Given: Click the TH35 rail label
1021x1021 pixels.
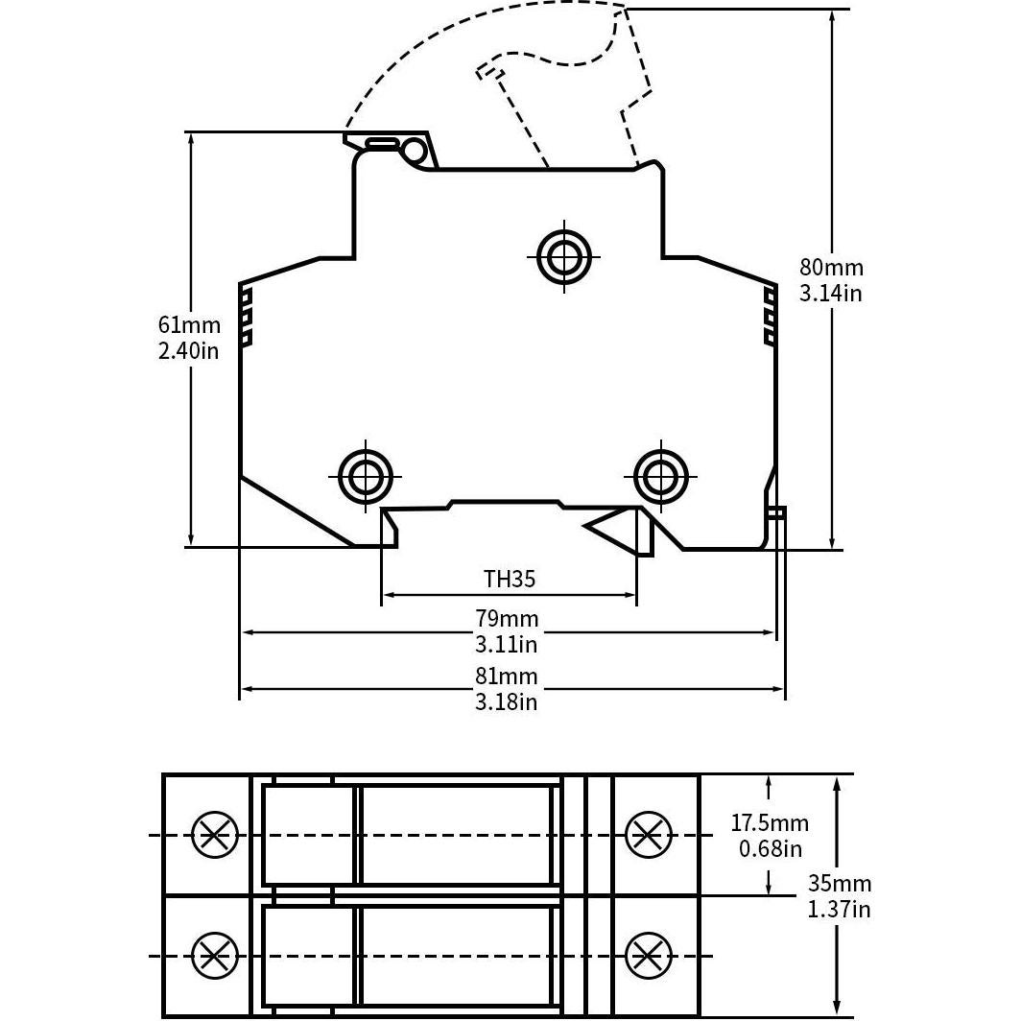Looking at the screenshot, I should pos(509,579).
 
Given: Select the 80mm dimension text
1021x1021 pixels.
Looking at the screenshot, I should pos(831,268).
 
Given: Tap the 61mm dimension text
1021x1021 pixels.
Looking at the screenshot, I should pos(189,325).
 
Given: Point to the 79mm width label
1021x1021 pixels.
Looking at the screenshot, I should pos(507,619).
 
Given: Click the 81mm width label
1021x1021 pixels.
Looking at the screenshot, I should pos(507,677).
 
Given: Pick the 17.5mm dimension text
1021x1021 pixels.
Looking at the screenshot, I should pos(770,823).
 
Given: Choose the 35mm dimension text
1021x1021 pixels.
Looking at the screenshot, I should pos(840,884).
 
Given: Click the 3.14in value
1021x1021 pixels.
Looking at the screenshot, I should pos(831,293).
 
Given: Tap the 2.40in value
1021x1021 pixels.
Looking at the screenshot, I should pos(189,350).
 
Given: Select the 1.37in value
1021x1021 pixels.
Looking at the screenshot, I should pos(840,909).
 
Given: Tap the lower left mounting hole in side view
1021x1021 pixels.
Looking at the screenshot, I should pos(366,474).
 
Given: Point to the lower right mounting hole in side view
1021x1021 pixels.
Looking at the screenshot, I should pos(661,474).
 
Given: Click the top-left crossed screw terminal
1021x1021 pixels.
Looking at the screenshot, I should pos(214,835).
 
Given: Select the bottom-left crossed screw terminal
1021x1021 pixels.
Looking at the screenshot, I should pos(214,955).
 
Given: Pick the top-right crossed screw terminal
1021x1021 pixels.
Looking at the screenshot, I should pos(649,835).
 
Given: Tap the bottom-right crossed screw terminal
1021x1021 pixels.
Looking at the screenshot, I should pos(649,955).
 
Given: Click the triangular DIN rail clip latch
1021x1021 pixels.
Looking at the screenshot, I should pos(614,525).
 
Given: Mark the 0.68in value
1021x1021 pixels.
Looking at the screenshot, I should pos(770,848).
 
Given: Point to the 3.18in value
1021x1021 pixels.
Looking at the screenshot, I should pos(507,701).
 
